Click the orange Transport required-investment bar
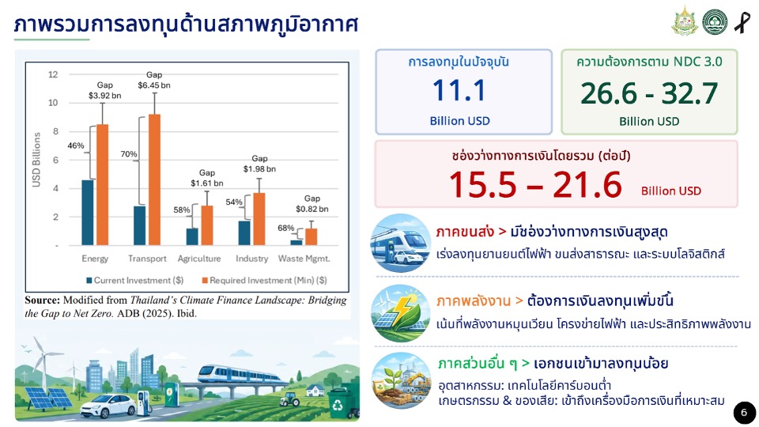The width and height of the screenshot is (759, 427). point(154,179)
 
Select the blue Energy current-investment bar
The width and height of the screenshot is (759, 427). point(88,213)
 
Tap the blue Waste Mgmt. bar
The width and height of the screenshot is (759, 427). point(296,243)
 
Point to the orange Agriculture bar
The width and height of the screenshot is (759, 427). point(206,225)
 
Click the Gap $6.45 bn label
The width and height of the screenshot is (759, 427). point(154,80)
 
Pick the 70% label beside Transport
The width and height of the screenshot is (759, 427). point(129,154)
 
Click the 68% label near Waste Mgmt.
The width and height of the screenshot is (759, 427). point(285,228)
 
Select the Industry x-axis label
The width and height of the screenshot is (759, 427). point(251,259)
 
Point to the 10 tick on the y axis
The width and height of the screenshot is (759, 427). point(53,103)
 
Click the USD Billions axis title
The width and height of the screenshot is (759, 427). point(36,160)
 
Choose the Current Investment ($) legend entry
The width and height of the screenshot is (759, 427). point(134,280)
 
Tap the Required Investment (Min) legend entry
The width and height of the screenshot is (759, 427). point(264,280)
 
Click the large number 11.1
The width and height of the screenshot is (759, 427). point(459,90)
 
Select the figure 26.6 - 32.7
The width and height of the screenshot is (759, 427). point(649,93)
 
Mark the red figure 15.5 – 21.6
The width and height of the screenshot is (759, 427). point(535,185)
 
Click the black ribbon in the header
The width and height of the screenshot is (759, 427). point(742,22)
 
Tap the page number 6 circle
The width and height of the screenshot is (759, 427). point(745,413)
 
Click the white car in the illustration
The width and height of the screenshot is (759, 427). point(108,406)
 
